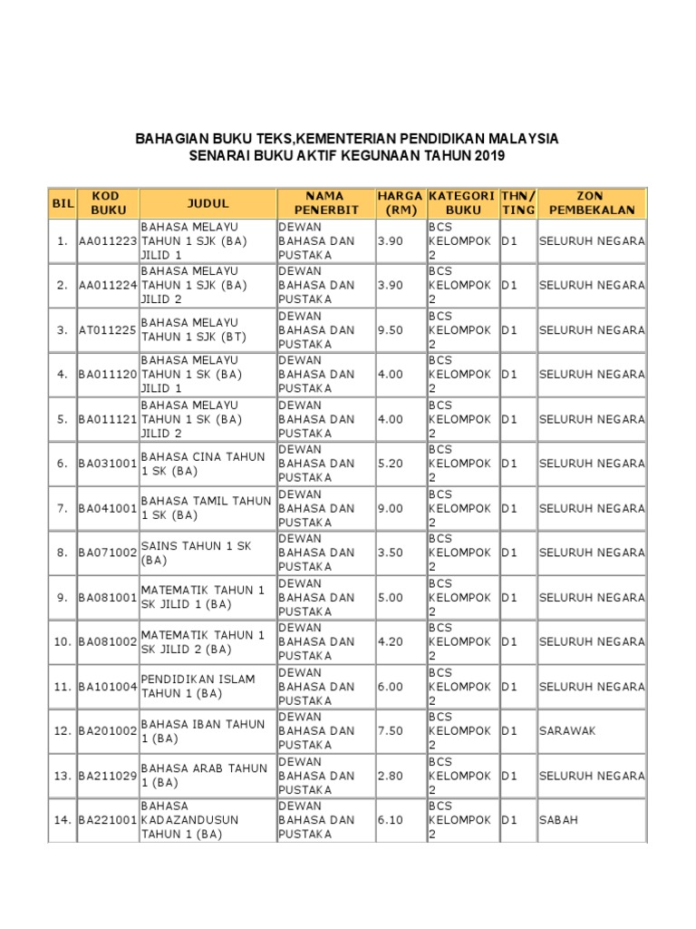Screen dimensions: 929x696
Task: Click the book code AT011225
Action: click(107, 330)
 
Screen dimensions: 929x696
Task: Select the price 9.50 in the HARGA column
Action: click(391, 330)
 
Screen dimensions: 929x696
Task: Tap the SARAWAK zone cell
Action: click(567, 730)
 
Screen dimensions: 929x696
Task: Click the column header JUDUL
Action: click(208, 203)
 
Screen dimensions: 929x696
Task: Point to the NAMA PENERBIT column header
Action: click(325, 203)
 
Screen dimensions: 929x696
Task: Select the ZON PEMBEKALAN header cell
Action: click(592, 203)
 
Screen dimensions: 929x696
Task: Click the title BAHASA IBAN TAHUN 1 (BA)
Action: click(204, 730)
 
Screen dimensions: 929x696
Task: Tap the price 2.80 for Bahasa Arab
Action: click(391, 775)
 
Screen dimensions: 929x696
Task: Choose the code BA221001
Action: click(107, 819)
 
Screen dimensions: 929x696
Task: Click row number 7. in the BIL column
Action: click(62, 508)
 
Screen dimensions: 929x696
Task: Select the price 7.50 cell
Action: click(391, 730)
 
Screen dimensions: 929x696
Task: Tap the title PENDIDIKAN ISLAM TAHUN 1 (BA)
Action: click(198, 686)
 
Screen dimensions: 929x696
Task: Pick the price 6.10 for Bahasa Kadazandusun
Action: click(391, 819)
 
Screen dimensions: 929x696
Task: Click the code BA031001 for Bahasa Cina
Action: click(107, 464)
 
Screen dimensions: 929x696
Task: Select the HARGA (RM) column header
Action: click(401, 203)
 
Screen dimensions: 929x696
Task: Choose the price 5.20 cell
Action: click(391, 464)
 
